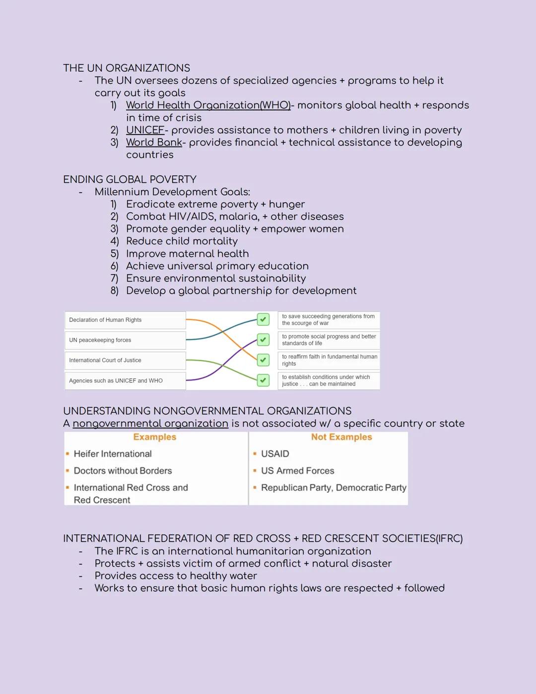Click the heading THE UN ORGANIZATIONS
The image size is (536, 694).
coord(127,68)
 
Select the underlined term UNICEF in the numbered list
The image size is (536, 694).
coord(145,130)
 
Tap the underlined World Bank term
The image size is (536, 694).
coord(154,143)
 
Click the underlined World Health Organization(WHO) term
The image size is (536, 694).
coord(208,105)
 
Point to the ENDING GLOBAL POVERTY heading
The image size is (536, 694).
coord(130,179)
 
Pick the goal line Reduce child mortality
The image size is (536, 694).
coord(182,241)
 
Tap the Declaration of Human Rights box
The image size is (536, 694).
coord(125,320)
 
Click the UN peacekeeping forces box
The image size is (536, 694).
coord(125,340)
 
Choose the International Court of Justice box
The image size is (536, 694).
coord(125,360)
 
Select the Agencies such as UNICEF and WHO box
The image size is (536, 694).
coord(125,381)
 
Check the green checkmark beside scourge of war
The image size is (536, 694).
coord(263,319)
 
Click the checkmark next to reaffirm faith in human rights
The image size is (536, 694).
coord(263,360)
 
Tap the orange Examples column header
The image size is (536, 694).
coord(155,437)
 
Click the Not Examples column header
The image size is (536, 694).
coord(341,437)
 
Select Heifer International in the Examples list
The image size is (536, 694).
coord(113,454)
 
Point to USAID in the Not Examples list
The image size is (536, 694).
coord(275,454)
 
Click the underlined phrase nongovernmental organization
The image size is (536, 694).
coord(150,424)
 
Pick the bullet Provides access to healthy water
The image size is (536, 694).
coord(176,576)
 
